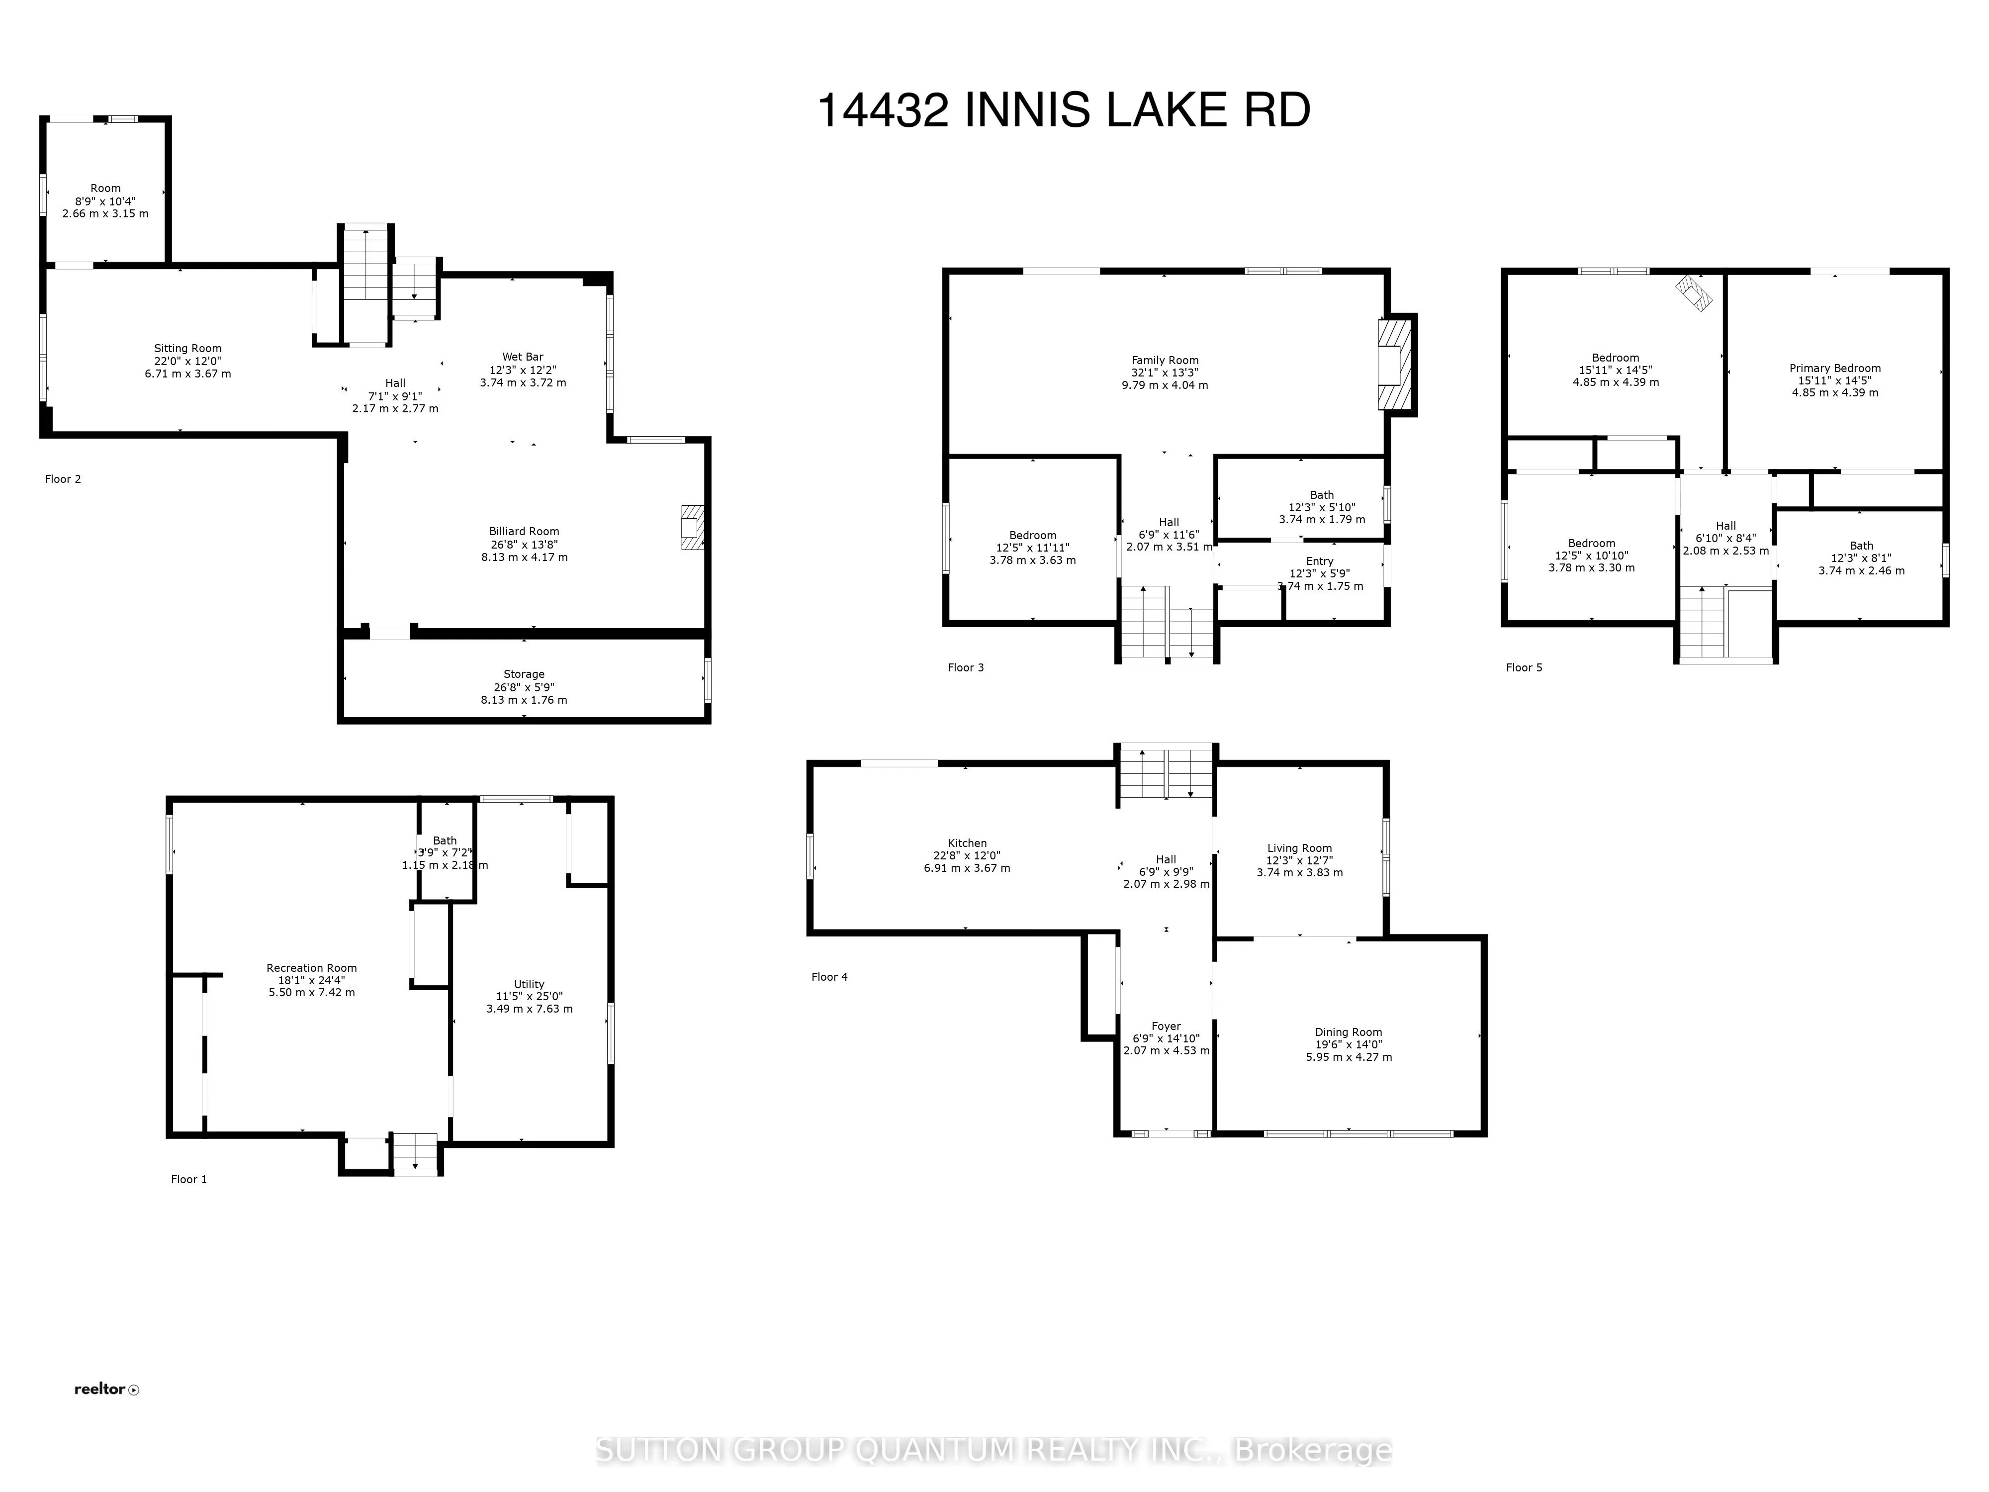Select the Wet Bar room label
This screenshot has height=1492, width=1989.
click(x=523, y=357)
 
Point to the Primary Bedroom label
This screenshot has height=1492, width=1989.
click(x=1834, y=368)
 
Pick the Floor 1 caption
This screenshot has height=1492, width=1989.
click(x=189, y=1179)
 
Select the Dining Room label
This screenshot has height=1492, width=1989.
click(x=1348, y=1032)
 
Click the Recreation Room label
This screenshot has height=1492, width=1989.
click(x=311, y=969)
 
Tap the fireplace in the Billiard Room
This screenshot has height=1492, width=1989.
click(x=692, y=528)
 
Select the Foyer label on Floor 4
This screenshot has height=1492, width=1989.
click(x=1166, y=1026)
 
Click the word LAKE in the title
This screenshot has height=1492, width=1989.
click(x=1166, y=111)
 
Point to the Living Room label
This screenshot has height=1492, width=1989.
click(x=1299, y=848)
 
